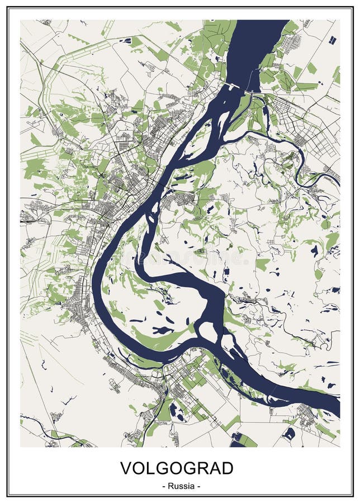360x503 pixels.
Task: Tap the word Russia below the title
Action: pos(180,486)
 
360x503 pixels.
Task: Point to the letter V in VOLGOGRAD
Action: pos(127,468)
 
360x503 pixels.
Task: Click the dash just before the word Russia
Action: pos(164,486)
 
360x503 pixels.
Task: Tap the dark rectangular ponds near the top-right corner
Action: pos(333,40)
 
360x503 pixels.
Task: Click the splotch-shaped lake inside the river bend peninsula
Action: pos(162,330)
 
